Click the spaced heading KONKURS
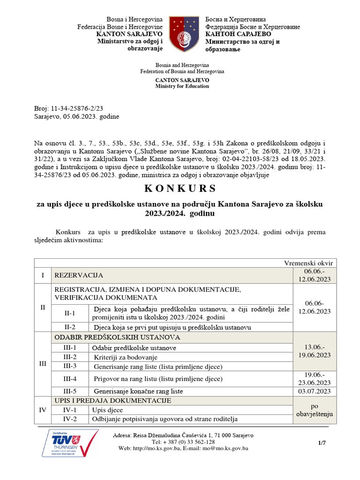point(180,188)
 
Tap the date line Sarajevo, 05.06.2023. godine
point(77,116)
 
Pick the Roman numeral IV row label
point(43,410)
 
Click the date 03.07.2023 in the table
point(315,391)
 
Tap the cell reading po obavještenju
point(315,410)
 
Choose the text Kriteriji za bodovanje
point(127,357)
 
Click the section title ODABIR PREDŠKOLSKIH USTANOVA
point(118,337)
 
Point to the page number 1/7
point(322,442)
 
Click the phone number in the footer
point(183,442)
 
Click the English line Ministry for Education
point(182,86)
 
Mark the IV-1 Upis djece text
point(107,410)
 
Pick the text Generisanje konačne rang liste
point(138,391)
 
